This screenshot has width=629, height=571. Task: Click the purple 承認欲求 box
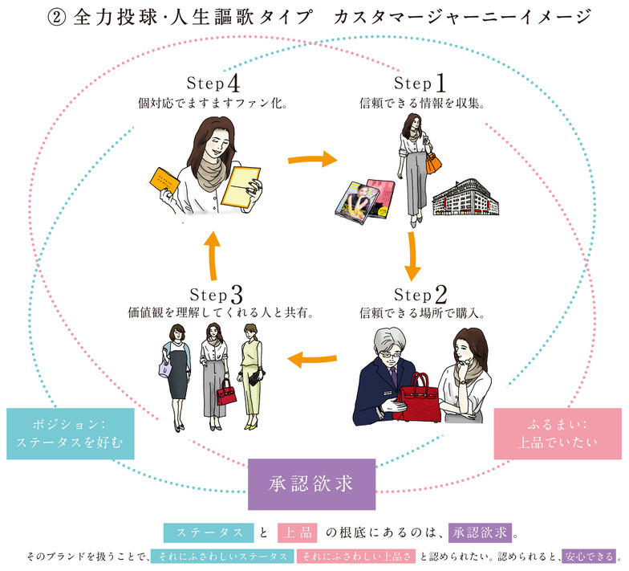click(311, 484)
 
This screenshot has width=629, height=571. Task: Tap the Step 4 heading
click(213, 84)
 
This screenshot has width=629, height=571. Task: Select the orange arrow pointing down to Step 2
click(412, 252)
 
